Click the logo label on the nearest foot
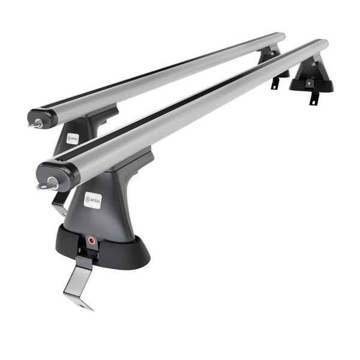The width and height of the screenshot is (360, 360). (92, 200)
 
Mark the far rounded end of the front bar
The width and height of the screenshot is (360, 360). (324, 44)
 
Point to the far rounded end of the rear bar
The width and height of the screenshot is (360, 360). (281, 37)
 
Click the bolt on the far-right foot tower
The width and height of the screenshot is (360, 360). (316, 68)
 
